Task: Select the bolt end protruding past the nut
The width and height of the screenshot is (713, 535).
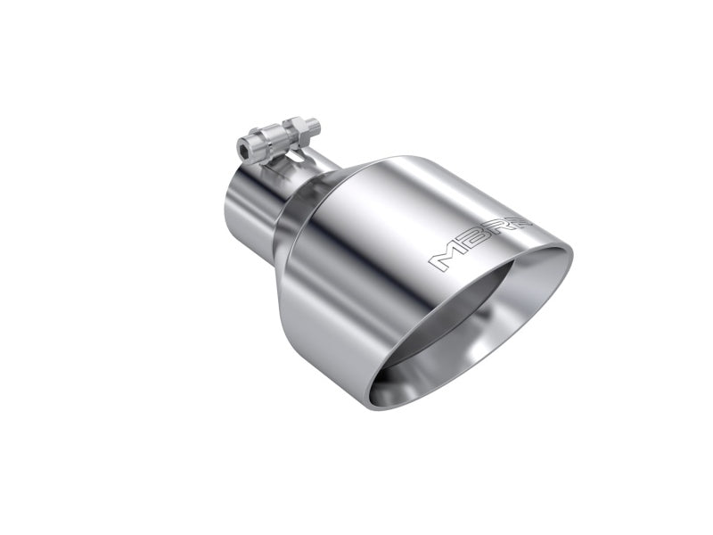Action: [x=313, y=125]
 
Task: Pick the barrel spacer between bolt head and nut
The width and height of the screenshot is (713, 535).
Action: [x=272, y=138]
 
